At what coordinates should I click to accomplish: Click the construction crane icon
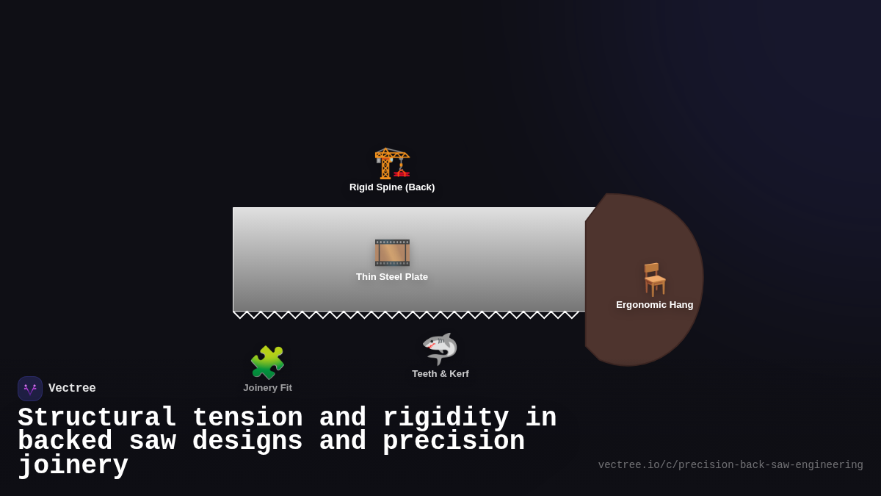(392, 162)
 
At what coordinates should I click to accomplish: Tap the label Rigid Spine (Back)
(392, 187)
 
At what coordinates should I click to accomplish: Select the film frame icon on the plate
(392, 252)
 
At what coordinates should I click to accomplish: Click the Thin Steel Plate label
(392, 277)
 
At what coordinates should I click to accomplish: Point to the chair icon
(654, 279)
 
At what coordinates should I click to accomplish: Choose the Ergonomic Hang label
(654, 305)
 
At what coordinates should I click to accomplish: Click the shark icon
(440, 348)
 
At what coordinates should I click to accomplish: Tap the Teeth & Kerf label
(440, 374)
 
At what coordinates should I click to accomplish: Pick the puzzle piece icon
(267, 362)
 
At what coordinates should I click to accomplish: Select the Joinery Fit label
(267, 388)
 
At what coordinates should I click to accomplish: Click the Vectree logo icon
(30, 389)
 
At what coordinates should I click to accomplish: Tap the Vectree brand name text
(72, 389)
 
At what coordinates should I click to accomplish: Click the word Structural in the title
(97, 418)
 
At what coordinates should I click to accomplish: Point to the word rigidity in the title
(446, 418)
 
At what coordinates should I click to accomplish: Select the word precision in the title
(454, 442)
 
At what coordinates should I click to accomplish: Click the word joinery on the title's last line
(73, 466)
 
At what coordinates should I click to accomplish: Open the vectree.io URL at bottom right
(730, 465)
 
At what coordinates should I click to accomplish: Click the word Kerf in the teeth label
(457, 374)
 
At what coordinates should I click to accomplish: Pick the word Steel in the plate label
(393, 277)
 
